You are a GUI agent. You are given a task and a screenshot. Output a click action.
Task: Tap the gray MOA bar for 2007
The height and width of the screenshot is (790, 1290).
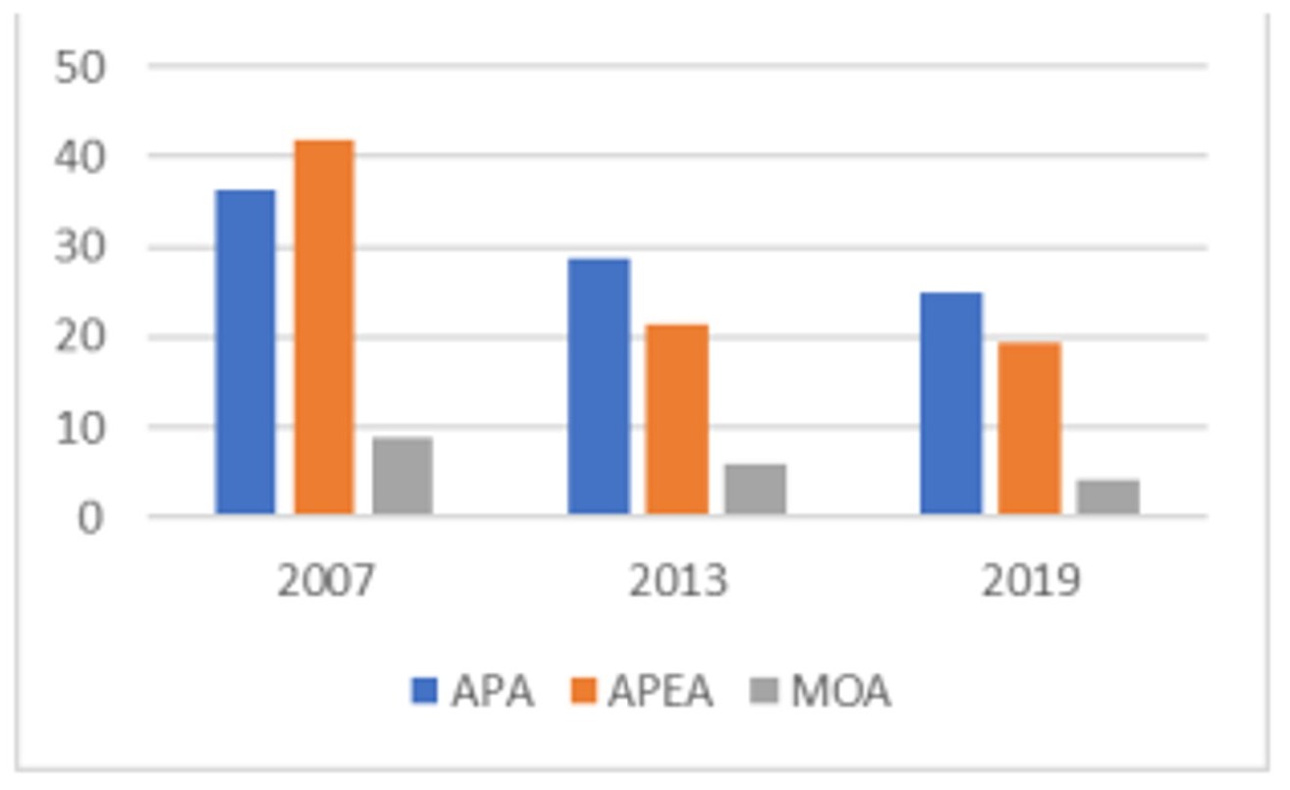tap(403, 476)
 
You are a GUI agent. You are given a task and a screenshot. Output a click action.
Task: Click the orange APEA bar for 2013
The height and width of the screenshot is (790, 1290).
tap(676, 419)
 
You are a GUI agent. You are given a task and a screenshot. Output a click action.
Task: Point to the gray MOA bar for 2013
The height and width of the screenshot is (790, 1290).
tap(755, 489)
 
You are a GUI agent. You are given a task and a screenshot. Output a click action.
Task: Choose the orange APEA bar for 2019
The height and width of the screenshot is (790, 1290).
tap(1029, 428)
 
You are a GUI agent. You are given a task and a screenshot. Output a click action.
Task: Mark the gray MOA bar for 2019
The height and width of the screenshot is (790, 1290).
tap(1107, 497)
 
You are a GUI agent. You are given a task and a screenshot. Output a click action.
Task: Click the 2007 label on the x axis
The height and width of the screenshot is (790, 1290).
tap(325, 581)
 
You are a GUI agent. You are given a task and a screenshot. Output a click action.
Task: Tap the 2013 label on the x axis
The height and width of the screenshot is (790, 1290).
tap(677, 581)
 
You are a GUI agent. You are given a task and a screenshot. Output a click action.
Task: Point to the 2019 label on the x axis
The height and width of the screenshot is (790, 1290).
tap(1030, 581)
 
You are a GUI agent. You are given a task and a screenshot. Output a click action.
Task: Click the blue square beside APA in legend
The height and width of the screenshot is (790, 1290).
tap(424, 692)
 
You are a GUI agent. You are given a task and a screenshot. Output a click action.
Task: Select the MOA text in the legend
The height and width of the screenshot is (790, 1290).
tap(840, 692)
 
